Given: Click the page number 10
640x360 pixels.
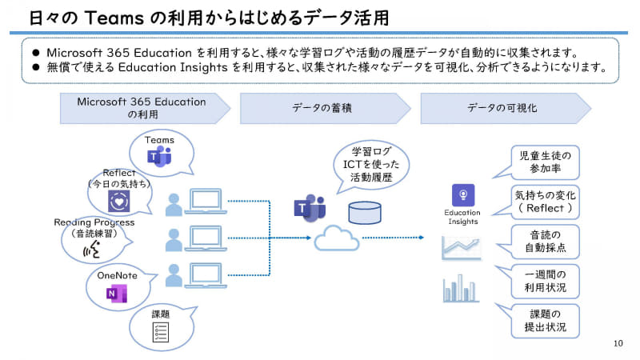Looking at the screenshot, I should [617, 343].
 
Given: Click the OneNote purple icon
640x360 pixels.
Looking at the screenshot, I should [118, 294].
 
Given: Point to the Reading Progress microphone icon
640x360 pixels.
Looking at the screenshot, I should [94, 250].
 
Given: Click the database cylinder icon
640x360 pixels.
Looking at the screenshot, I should [365, 213].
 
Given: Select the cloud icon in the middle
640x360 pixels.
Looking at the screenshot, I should [337, 238].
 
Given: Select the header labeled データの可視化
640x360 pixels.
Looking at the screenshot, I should [502, 108].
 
